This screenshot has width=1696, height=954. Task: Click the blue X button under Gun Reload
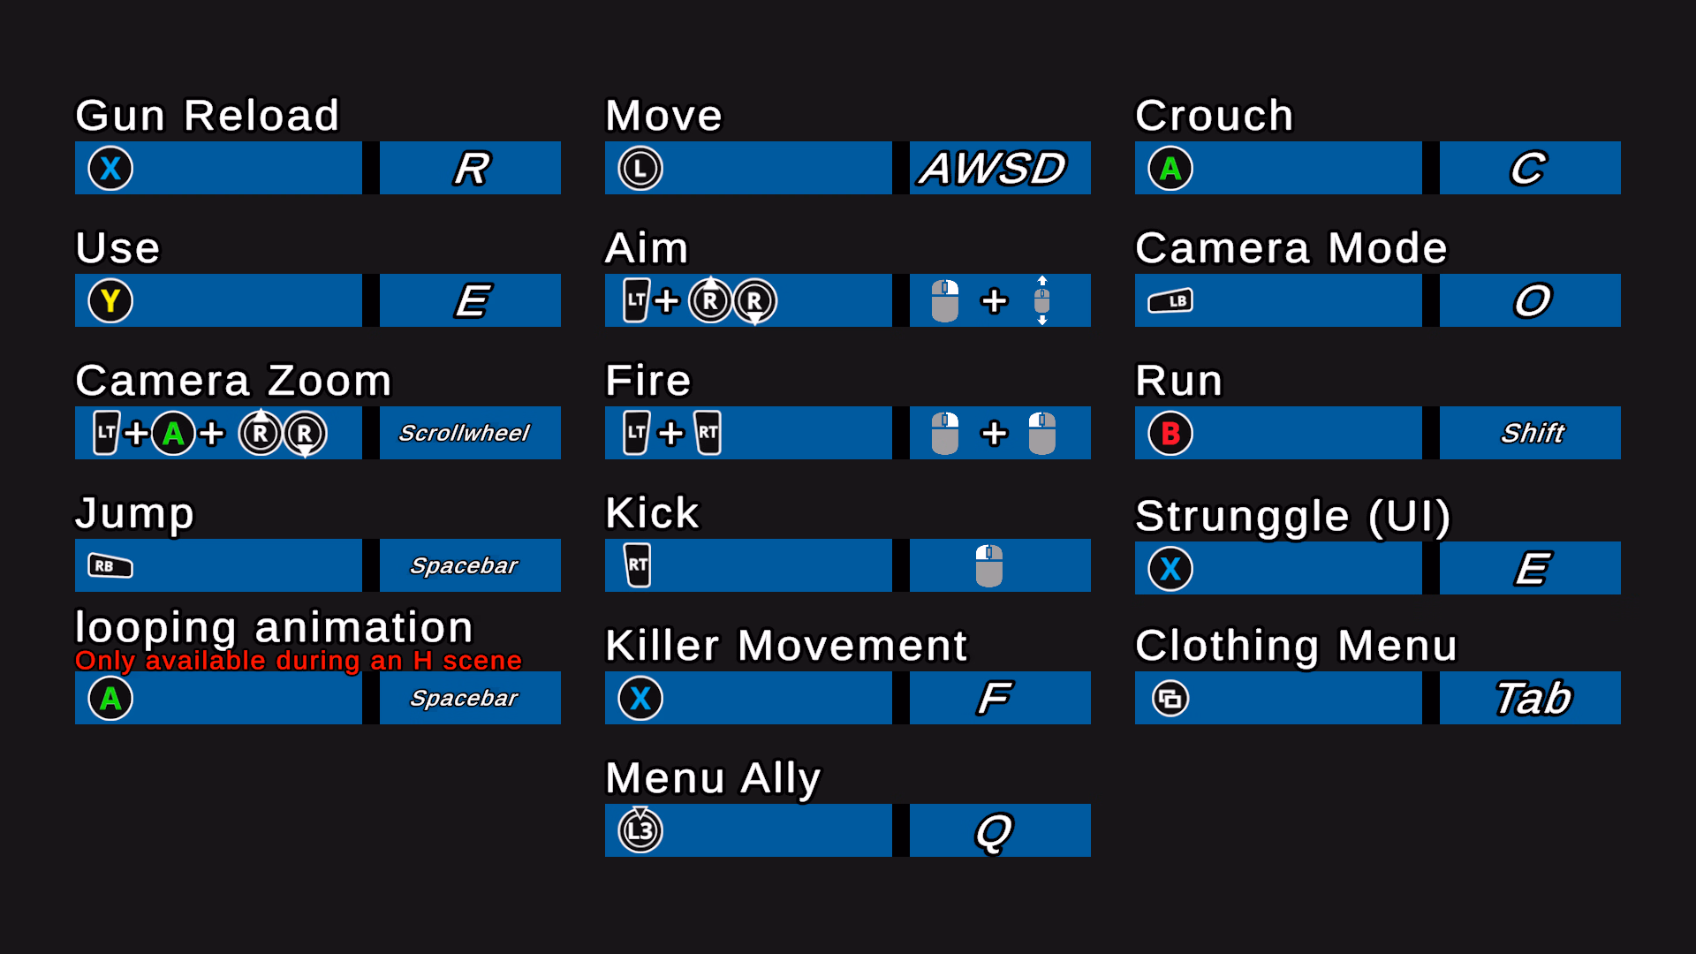[x=110, y=169]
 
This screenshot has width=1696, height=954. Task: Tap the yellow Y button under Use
[x=110, y=301]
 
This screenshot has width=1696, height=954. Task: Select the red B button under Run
[x=1170, y=434]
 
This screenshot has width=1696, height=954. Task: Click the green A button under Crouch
[x=1170, y=169]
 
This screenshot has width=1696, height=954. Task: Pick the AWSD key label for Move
[x=993, y=169]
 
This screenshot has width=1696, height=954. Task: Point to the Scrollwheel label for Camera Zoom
[x=465, y=434]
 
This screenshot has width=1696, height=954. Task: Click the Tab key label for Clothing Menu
[x=1533, y=699]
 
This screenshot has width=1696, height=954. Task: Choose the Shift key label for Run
[x=1533, y=434]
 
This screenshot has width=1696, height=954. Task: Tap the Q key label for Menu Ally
[x=994, y=831]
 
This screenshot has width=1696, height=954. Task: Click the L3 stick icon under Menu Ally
[x=640, y=830]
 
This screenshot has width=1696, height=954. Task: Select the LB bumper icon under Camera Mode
[x=1170, y=301]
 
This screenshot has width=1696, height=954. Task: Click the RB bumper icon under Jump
[x=110, y=566]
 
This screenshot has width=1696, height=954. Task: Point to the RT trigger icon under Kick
[x=638, y=566]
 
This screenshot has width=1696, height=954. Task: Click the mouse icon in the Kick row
[x=988, y=566]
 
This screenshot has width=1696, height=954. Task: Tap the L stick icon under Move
[x=640, y=169]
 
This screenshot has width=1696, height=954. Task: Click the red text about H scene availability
[x=299, y=661]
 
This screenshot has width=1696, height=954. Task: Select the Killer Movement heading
[x=786, y=646]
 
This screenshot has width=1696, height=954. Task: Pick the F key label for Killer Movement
[x=995, y=699]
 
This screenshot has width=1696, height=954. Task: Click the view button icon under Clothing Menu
[x=1170, y=699]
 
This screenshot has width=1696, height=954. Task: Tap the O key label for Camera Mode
[x=1533, y=301]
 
